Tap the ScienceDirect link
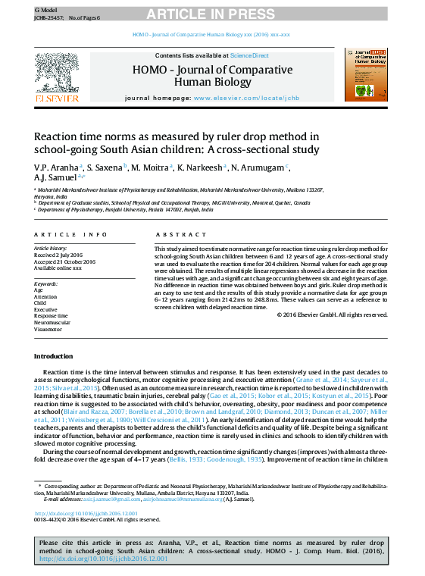[250, 55]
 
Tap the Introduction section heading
[54, 355]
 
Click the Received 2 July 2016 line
[58, 255]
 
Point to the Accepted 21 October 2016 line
[64, 261]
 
